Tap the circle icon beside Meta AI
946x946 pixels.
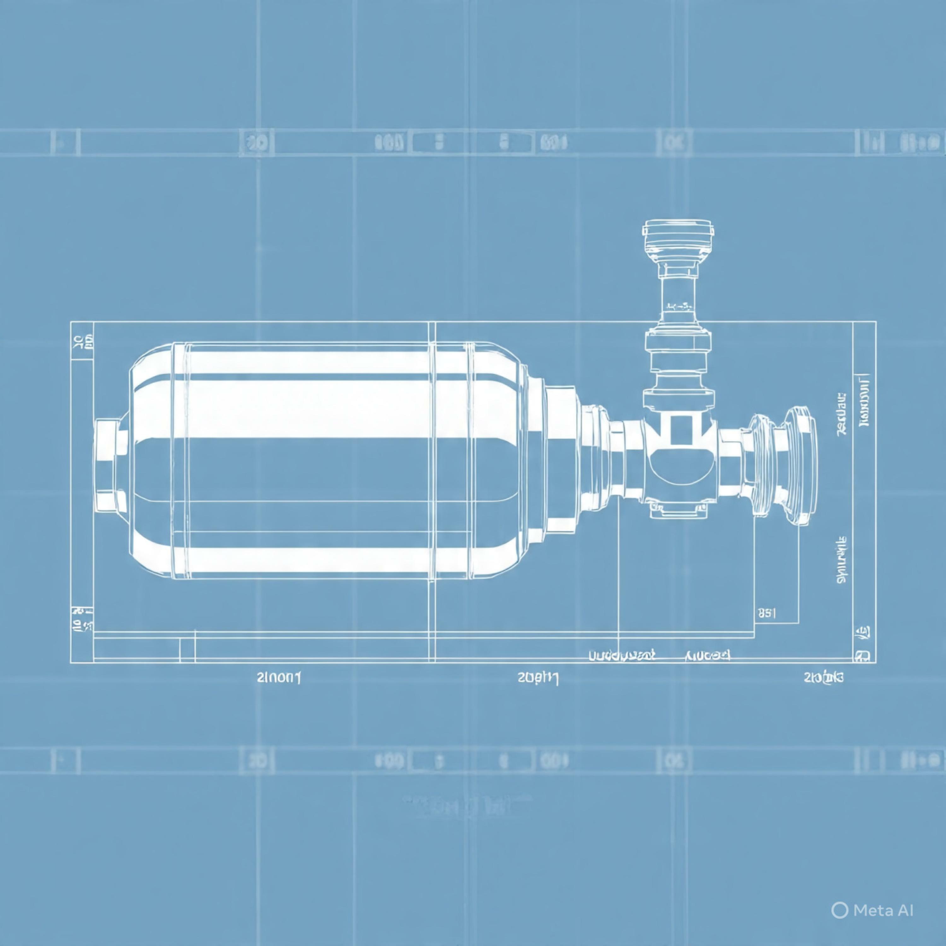(840, 910)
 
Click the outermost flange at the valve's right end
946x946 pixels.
(801, 465)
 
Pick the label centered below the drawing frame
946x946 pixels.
(538, 678)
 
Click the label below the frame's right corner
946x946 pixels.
(824, 678)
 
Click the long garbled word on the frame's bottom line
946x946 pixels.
(622, 655)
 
